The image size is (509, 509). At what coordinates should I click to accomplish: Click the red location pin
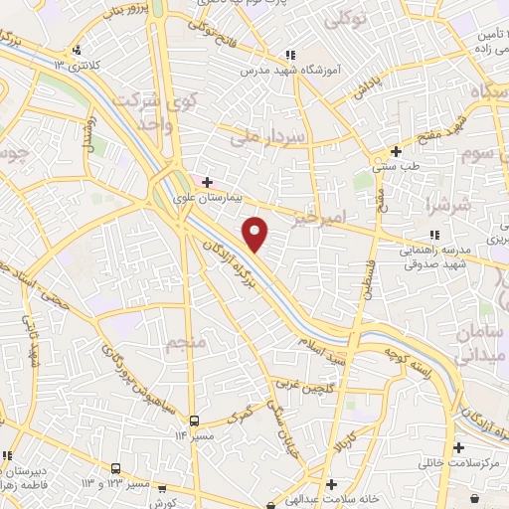[x=255, y=234]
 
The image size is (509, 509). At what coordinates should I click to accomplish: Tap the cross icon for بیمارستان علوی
[x=207, y=183]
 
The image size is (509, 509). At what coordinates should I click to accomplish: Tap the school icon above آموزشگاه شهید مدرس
[x=289, y=56]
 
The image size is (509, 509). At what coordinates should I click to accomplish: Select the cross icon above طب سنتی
[x=396, y=152]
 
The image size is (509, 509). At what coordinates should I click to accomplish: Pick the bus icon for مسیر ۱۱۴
[x=195, y=421]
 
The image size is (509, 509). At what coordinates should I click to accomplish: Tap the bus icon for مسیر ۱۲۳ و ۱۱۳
[x=116, y=468]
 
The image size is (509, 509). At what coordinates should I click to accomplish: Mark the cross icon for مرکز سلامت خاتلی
[x=458, y=448]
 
